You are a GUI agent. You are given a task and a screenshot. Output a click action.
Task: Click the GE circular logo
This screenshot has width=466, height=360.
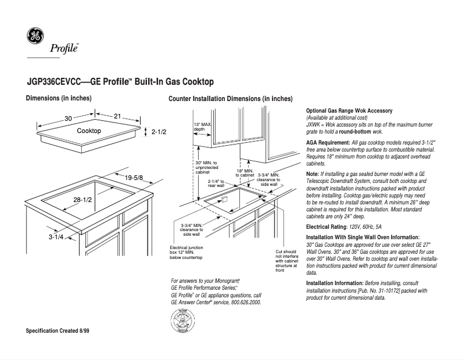coord(35,36)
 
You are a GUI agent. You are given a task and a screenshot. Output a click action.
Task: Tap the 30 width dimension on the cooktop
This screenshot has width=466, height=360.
coord(68,118)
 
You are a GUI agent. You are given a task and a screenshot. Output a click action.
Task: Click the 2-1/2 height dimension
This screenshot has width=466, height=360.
coord(159,132)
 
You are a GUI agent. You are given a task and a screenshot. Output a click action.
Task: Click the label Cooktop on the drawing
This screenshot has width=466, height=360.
coord(89,131)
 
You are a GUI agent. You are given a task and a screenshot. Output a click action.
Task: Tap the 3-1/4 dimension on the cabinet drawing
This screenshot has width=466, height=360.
coord(56,237)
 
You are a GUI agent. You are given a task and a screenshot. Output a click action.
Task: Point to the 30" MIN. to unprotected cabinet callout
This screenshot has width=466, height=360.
coord(206,167)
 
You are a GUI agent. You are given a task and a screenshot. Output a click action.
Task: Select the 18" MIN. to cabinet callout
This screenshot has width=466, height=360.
coord(245,172)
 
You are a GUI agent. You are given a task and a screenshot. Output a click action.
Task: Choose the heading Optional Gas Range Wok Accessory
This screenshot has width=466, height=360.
coord(349,110)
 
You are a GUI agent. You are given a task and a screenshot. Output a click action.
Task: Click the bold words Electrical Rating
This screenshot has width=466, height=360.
coord(327,226)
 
